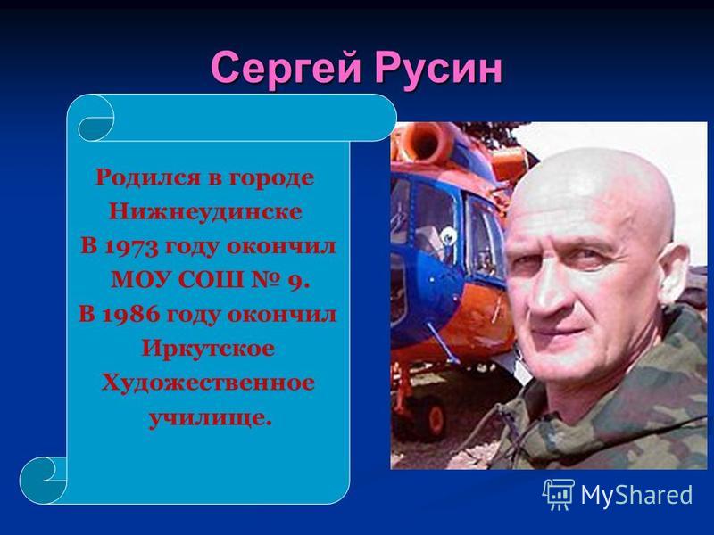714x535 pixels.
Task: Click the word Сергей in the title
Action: tap(286, 70)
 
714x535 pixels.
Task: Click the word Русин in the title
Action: tap(438, 70)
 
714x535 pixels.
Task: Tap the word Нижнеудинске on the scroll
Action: tap(205, 212)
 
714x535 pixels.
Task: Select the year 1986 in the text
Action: tap(131, 315)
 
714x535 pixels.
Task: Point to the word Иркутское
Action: tap(208, 350)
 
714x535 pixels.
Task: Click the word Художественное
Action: tap(208, 383)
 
